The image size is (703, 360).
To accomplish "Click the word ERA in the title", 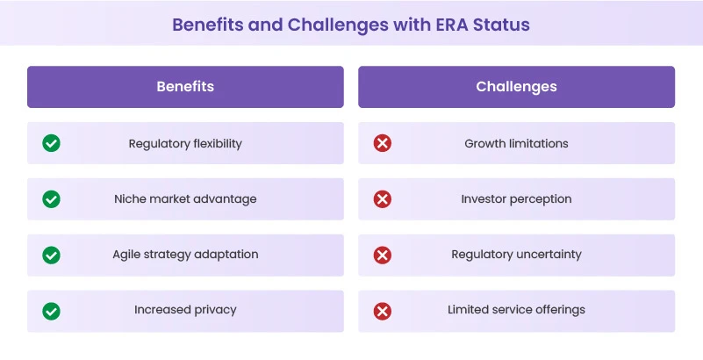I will tap(448, 24).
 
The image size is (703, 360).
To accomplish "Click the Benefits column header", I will tap(185, 87).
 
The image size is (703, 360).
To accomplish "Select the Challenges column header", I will tap(516, 87).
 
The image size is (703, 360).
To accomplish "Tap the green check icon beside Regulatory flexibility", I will tap(52, 143).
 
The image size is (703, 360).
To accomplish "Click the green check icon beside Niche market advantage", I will tap(52, 199).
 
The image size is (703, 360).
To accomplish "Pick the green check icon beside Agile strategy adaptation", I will tap(52, 255).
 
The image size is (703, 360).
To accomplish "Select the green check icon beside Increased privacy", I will tap(52, 311).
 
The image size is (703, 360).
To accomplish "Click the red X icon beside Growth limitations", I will tap(383, 143).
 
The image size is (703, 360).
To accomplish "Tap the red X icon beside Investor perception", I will tap(383, 199).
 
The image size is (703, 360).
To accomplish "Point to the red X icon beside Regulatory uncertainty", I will tap(383, 255).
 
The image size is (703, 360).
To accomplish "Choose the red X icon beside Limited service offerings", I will tap(383, 311).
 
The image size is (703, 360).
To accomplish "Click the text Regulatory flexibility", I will tap(185, 143).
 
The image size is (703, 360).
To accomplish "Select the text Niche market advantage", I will tap(185, 199).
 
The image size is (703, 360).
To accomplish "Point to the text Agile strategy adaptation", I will tap(185, 255).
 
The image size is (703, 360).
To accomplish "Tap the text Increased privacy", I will tap(185, 310).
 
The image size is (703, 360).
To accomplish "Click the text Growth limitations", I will tap(516, 143).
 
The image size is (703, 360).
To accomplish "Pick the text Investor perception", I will tap(516, 199).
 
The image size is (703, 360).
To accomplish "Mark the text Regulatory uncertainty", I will tap(516, 255).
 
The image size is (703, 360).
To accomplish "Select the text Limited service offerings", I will tap(516, 310).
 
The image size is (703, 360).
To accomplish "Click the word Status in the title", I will tap(500, 24).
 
